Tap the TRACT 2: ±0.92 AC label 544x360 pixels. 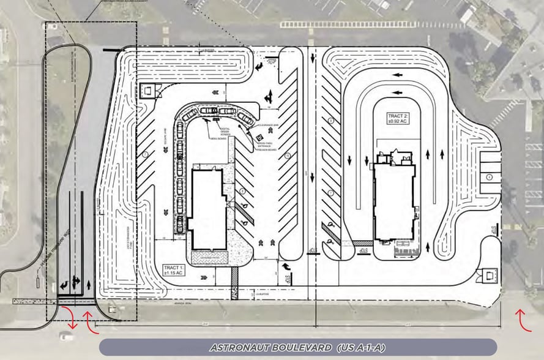coord(397,118)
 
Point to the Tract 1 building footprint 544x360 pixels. coord(207,208)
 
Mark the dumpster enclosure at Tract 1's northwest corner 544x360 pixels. coord(149,91)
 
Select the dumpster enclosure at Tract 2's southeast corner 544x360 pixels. coord(490,274)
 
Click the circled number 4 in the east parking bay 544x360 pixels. coord(490,177)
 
